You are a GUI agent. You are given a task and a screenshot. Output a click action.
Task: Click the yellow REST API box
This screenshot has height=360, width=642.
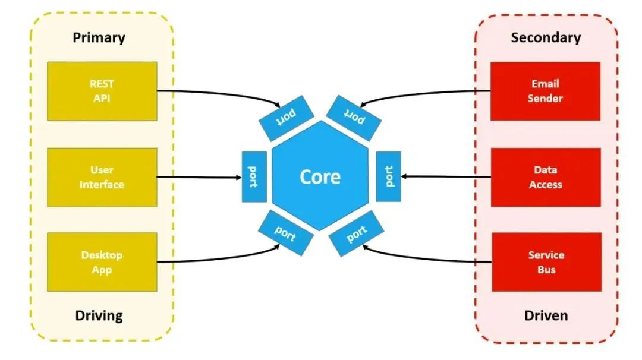click(x=102, y=91)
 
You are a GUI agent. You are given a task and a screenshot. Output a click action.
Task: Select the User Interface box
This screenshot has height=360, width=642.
click(x=102, y=177)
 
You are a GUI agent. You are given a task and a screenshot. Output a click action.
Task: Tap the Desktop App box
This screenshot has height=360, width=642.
click(x=102, y=262)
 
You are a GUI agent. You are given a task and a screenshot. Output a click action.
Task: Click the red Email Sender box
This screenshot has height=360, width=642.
click(x=545, y=91)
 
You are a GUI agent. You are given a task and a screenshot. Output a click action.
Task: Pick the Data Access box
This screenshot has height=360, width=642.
click(x=545, y=177)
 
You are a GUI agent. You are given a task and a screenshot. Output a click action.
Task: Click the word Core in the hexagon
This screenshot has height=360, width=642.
click(x=320, y=177)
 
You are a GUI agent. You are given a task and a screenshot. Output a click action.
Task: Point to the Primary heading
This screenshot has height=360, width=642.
click(x=99, y=38)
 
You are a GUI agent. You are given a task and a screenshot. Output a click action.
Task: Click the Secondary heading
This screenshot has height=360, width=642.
click(x=546, y=38)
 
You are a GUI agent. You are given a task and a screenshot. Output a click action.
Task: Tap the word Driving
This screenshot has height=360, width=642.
click(x=99, y=315)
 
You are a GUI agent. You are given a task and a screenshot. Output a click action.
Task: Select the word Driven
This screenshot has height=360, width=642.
click(x=546, y=315)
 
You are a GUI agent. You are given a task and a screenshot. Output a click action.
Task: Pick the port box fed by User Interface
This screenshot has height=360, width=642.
click(x=254, y=176)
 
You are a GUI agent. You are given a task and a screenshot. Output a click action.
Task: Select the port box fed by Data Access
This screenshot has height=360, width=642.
click(x=389, y=176)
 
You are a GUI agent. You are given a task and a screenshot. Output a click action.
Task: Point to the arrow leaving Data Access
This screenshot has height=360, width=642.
click(x=446, y=176)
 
